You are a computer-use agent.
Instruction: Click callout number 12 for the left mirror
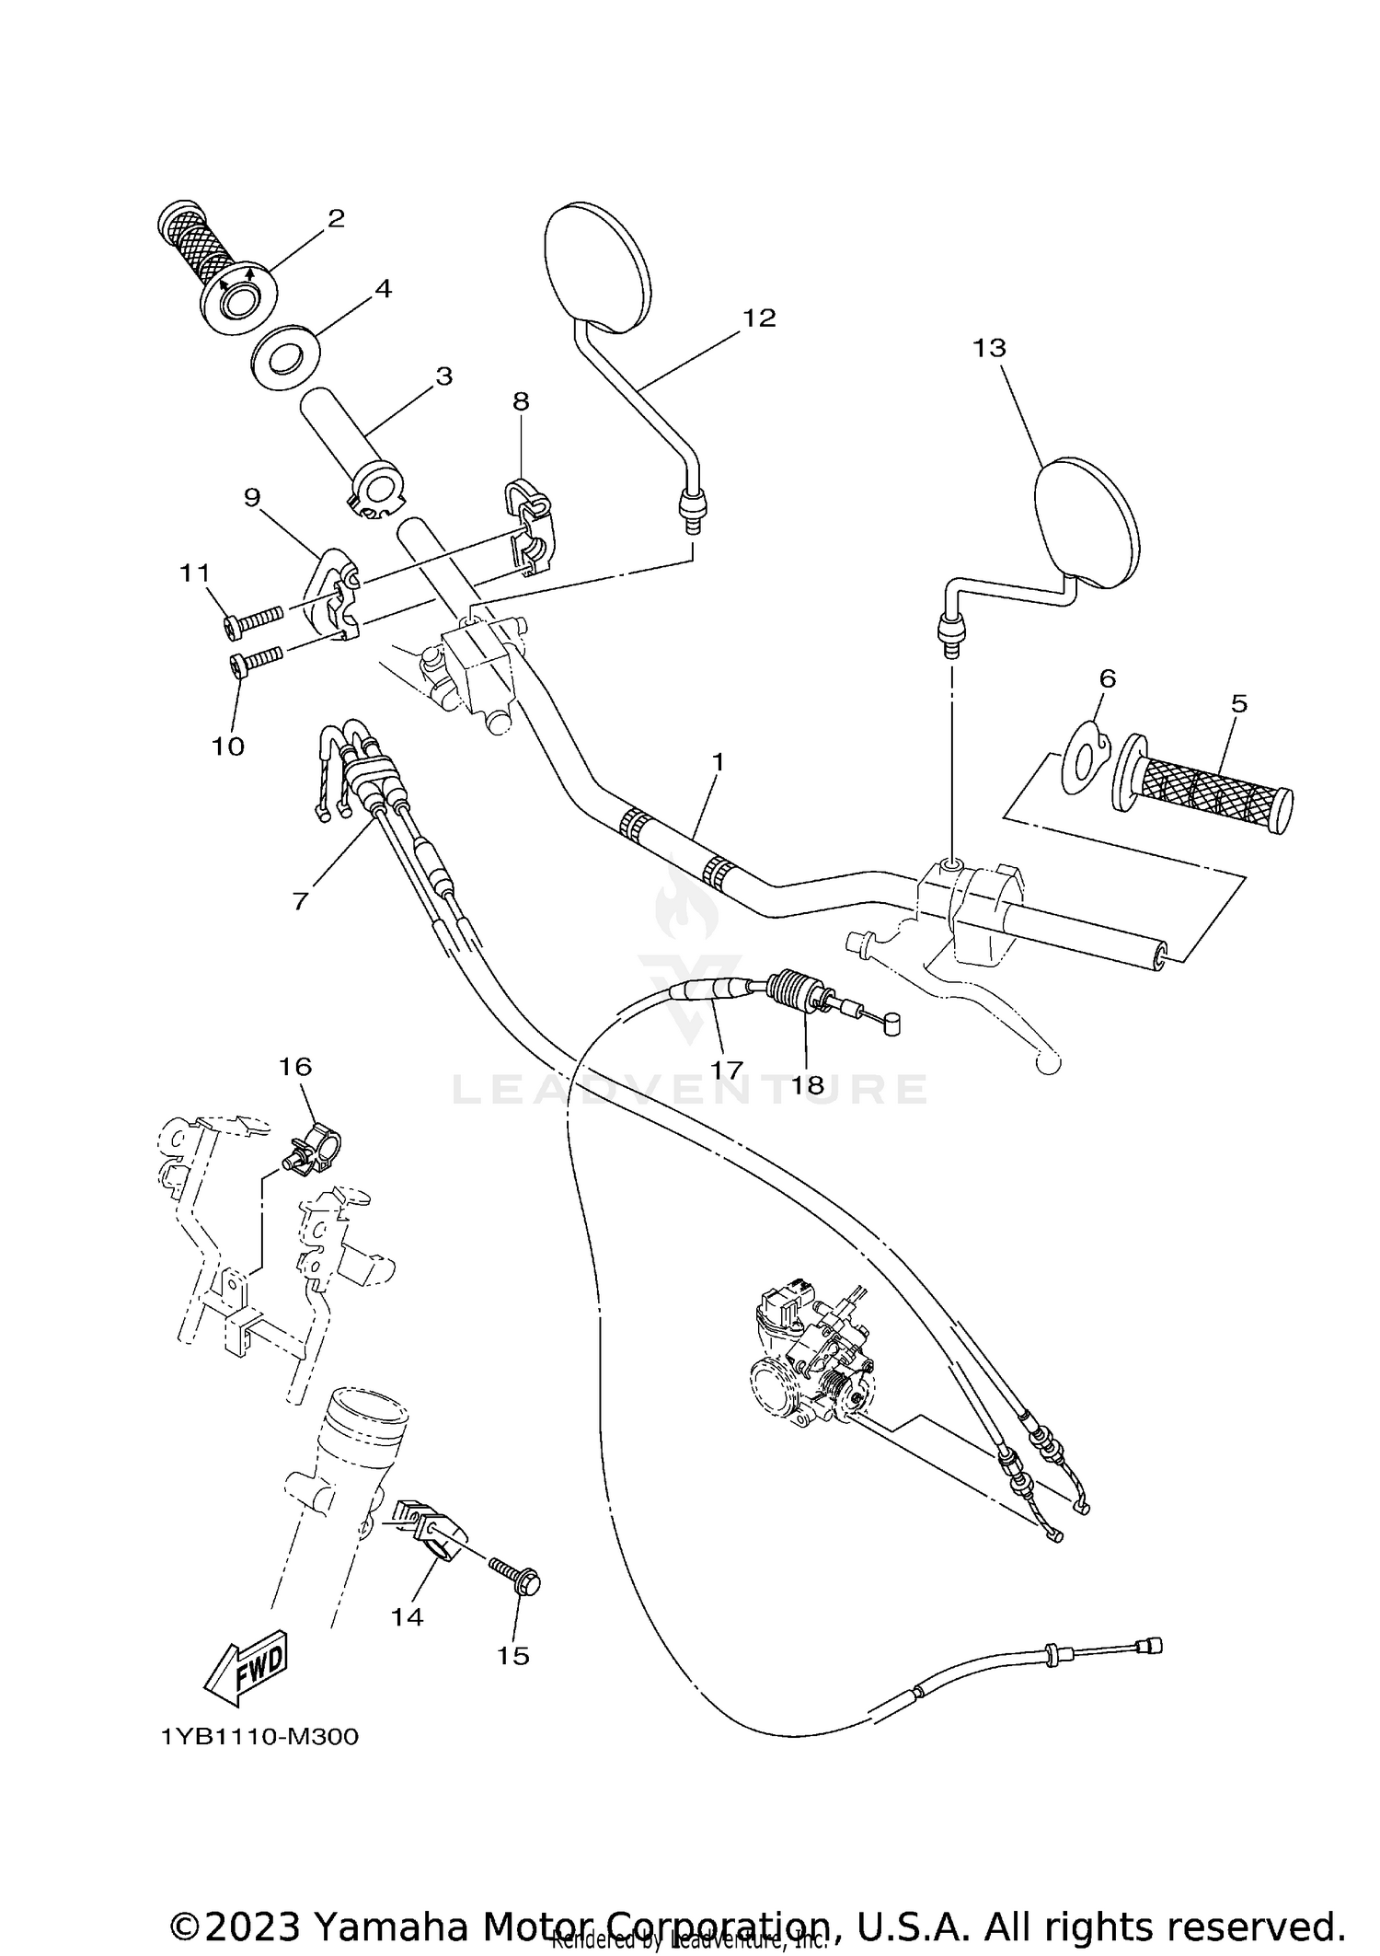(x=759, y=318)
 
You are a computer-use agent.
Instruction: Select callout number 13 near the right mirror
(x=989, y=349)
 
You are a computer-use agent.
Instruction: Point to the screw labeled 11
(x=251, y=621)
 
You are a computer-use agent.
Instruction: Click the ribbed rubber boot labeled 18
(x=791, y=992)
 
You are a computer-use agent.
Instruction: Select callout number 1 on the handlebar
(x=718, y=763)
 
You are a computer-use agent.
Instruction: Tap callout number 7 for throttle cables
(x=300, y=899)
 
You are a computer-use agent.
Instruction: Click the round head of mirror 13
(x=1087, y=522)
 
